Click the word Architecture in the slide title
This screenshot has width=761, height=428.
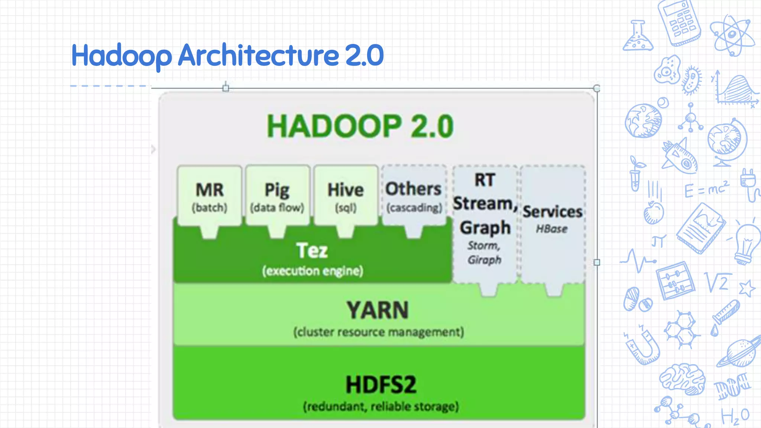(258, 55)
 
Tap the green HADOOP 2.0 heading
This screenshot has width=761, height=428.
(360, 126)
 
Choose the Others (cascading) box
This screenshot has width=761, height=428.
(414, 196)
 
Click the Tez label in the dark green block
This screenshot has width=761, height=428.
(312, 250)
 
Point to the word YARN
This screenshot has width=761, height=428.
(378, 310)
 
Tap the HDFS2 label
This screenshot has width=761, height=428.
(381, 385)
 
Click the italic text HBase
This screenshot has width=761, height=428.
(552, 229)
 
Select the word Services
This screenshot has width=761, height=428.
(553, 212)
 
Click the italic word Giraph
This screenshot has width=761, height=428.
(485, 260)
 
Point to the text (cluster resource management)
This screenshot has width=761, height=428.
(378, 332)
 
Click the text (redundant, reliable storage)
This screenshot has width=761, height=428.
(381, 406)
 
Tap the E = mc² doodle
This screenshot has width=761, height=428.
(706, 189)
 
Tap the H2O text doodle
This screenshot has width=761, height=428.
(735, 416)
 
